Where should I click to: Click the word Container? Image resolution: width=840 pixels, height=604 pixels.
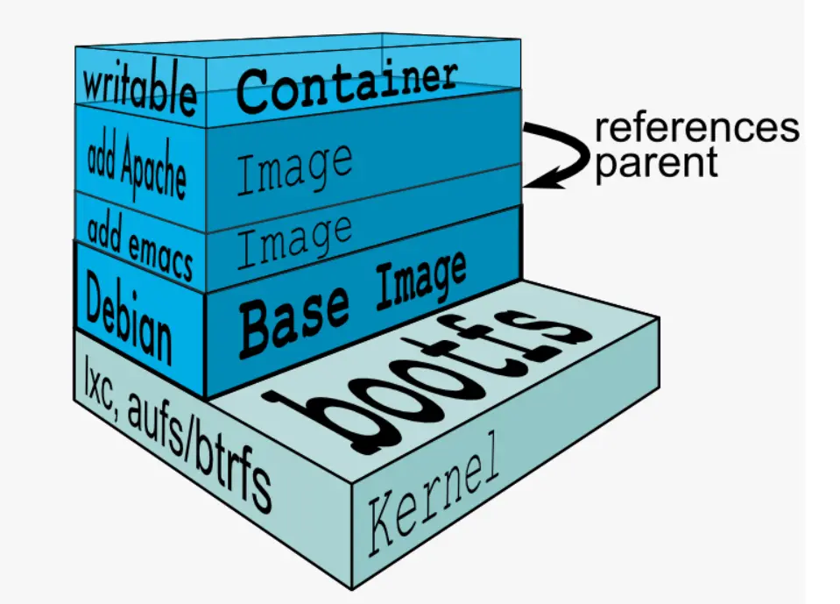coord(347,83)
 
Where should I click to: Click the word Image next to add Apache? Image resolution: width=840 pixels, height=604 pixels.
coord(294,166)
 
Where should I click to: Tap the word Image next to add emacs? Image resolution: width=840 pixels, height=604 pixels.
coord(294,238)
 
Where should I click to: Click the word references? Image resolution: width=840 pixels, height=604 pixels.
coord(697,128)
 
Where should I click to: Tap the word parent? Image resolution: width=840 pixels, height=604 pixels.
coord(656,163)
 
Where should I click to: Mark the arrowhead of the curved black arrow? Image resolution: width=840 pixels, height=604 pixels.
coord(533,182)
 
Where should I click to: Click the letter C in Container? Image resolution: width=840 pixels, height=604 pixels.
coord(254,92)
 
